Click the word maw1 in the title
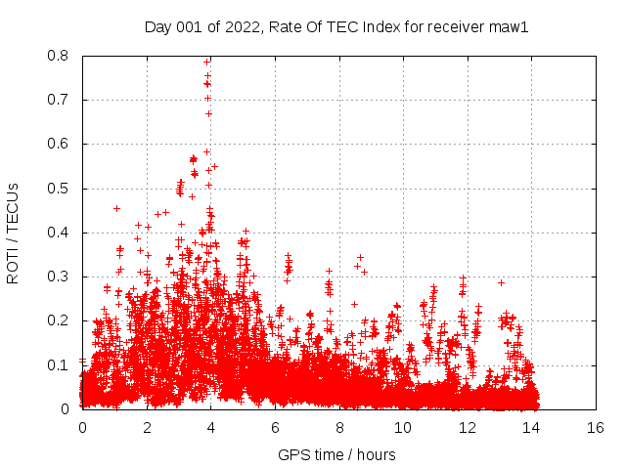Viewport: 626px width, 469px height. click(510, 27)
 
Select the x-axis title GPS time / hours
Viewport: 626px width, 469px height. click(337, 454)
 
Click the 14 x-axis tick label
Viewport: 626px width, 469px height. click(531, 427)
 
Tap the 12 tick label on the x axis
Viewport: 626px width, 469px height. click(468, 427)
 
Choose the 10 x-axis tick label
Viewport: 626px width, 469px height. click(403, 427)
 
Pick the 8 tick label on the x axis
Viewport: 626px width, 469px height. click(339, 427)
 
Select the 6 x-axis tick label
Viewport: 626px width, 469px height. click(275, 427)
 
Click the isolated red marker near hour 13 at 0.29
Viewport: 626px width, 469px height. click(501, 282)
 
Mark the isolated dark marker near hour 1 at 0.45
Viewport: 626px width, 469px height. click(116, 208)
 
